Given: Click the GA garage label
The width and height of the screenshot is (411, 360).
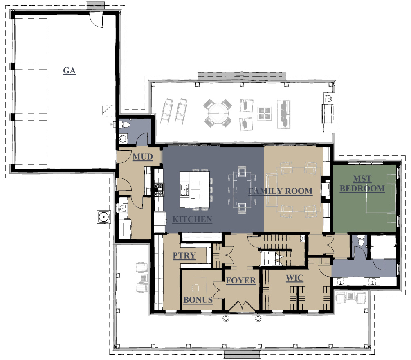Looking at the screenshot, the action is point(69,70).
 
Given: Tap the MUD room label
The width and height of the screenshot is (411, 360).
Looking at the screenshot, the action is point(143,157).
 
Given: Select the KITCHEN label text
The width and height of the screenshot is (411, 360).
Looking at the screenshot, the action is point(192,219).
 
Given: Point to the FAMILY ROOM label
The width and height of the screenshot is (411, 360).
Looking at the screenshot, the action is point(281,191).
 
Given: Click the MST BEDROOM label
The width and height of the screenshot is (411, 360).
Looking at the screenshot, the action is point(362,184).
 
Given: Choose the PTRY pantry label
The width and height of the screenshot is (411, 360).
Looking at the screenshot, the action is point(184,255).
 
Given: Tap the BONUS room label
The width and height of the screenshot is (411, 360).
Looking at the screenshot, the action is point(198,300).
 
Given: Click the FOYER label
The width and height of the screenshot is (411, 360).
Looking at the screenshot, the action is point(241,281).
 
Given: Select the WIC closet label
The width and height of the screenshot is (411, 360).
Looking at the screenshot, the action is point(294,278).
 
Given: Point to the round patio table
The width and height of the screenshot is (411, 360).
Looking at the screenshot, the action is point(218,114).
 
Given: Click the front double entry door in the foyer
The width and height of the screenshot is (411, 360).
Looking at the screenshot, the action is point(242,306).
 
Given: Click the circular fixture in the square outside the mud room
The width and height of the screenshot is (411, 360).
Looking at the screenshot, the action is point(103,217).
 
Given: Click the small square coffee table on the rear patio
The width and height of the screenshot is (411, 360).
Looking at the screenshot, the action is point(264,114).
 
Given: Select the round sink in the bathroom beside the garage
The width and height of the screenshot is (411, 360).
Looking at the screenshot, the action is point(123,139).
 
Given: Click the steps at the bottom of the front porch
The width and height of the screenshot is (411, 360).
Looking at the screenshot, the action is point(242,355).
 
